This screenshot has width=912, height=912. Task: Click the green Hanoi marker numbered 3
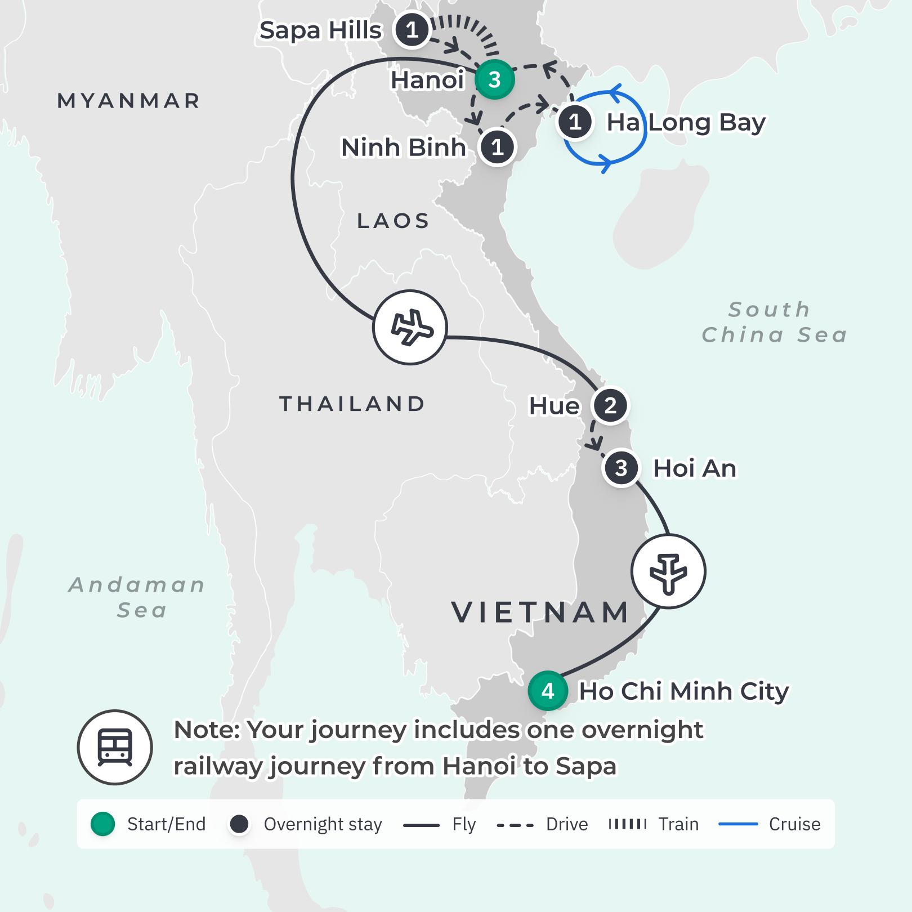pyautogui.click(x=494, y=79)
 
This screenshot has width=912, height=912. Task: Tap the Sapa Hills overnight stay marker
pyautogui.click(x=412, y=30)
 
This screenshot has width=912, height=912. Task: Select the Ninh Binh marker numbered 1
pyautogui.click(x=497, y=147)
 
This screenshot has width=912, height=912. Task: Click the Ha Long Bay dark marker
pyautogui.click(x=575, y=122)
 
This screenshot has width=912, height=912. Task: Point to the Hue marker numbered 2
pyautogui.click(x=610, y=405)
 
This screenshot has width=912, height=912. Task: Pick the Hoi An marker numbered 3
pyautogui.click(x=621, y=468)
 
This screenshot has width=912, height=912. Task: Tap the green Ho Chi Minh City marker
pyautogui.click(x=547, y=690)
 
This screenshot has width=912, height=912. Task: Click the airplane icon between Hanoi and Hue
pyautogui.click(x=410, y=327)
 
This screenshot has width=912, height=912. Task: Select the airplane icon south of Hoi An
pyautogui.click(x=668, y=571)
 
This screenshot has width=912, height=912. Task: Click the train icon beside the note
pyautogui.click(x=115, y=747)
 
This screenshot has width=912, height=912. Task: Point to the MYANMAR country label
pyautogui.click(x=129, y=101)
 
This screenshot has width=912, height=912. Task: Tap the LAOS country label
pyautogui.click(x=394, y=221)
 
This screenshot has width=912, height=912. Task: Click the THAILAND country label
pyautogui.click(x=352, y=404)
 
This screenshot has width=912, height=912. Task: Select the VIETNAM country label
pyautogui.click(x=540, y=612)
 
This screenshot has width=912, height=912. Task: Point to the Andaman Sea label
pyautogui.click(x=137, y=597)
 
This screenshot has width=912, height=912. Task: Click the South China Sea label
pyautogui.click(x=774, y=322)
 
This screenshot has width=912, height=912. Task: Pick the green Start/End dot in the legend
pyautogui.click(x=102, y=824)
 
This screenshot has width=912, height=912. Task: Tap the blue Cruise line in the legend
pyautogui.click(x=738, y=824)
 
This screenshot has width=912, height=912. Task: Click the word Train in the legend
pyautogui.click(x=678, y=824)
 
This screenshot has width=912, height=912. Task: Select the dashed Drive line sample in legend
pyautogui.click(x=515, y=825)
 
